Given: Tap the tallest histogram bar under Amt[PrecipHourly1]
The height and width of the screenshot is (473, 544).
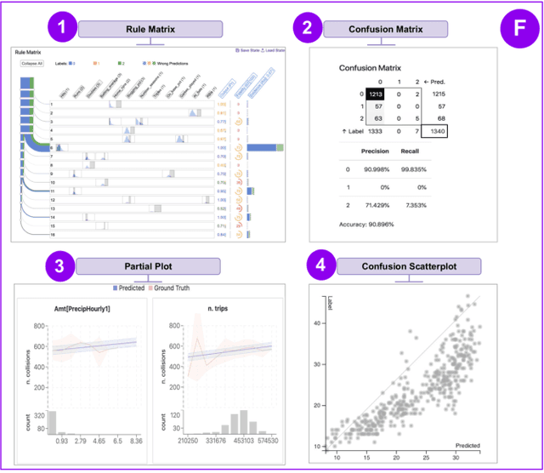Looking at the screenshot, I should pyautogui.click(x=51, y=423).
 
